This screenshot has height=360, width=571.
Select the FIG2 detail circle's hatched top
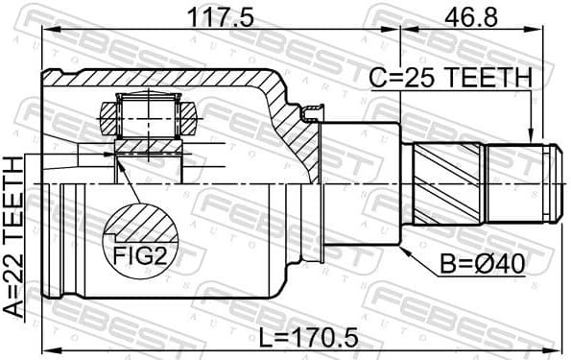click(143, 224)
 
